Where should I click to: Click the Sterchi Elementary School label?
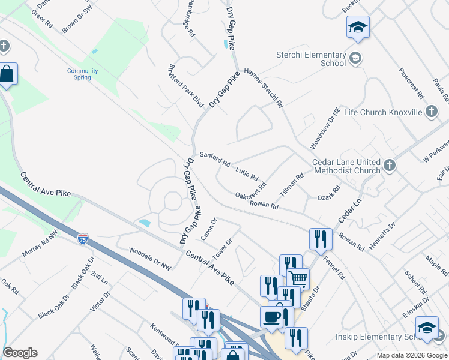click(x=311, y=59)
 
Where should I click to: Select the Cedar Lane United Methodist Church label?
click(x=346, y=166)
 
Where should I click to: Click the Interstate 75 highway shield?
click(x=83, y=239)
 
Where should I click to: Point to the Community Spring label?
click(x=82, y=74)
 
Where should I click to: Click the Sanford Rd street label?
click(x=215, y=159)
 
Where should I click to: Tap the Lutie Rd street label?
click(x=247, y=175)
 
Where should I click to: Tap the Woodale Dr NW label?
click(x=150, y=258)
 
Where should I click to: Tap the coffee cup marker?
click(x=271, y=316)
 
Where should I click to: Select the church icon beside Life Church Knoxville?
click(x=431, y=112)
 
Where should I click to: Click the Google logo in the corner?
click(x=20, y=353)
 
